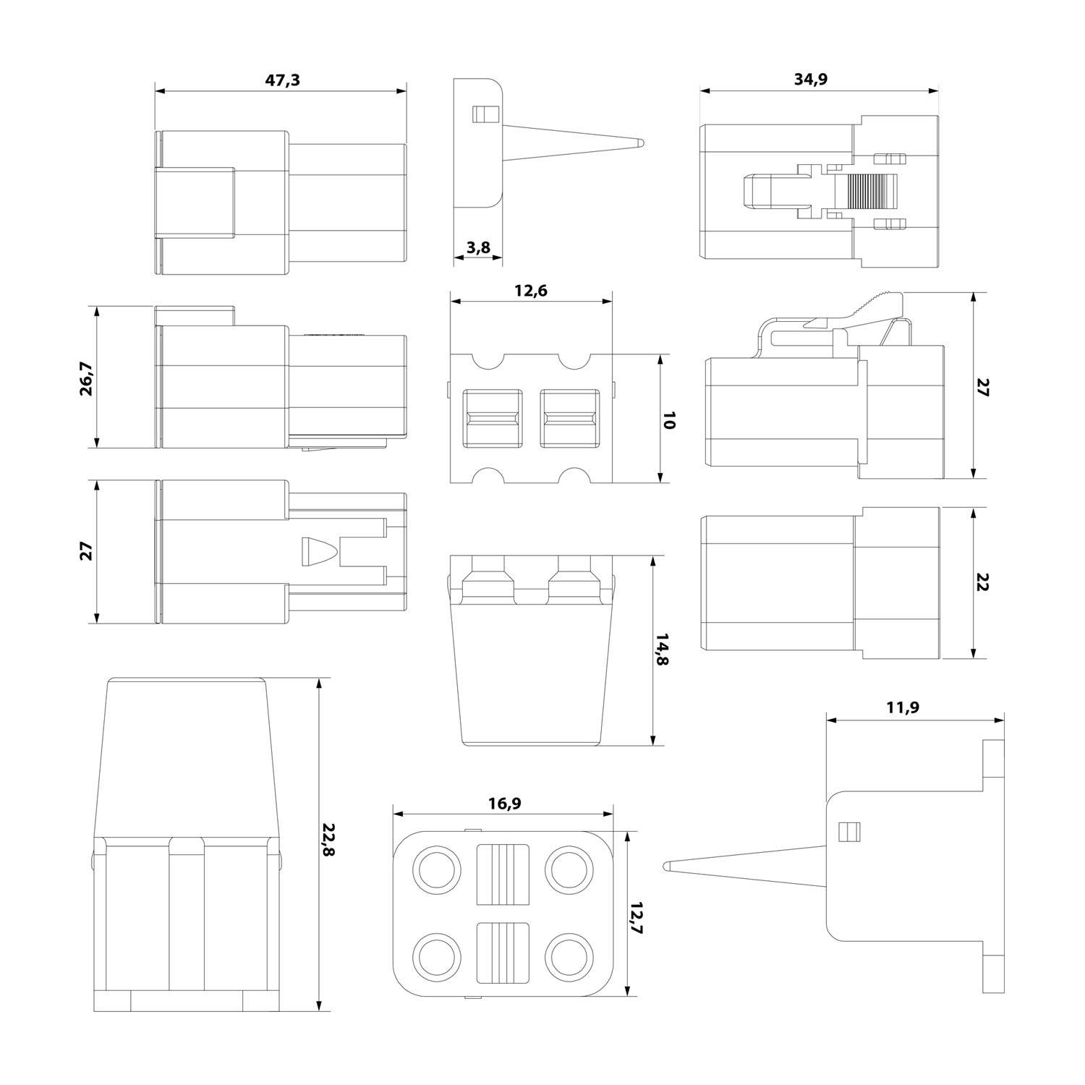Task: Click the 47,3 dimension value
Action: (282, 80)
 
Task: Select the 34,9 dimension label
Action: (810, 80)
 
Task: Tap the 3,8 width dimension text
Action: (478, 248)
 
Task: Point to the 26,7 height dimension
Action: (85, 380)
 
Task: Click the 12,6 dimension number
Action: (531, 291)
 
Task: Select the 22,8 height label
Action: (328, 840)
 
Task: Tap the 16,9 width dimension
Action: (503, 803)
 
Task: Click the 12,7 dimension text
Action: (636, 919)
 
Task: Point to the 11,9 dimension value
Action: (903, 707)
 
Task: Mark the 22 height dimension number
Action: (982, 583)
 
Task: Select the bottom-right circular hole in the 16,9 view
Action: (569, 955)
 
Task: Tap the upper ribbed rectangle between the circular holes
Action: (503, 874)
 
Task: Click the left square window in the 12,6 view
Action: (493, 419)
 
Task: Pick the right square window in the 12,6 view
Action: (570, 419)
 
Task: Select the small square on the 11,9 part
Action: (846, 832)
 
